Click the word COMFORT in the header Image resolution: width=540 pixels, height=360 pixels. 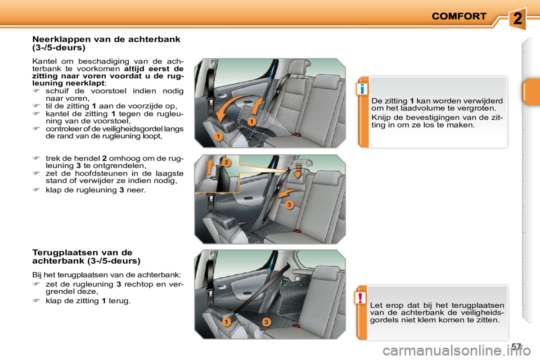click(458, 16)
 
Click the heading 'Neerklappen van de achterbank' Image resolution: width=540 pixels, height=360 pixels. click(106, 39)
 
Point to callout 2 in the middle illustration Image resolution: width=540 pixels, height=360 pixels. click(226, 162)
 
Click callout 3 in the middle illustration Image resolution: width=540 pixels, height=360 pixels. click(289, 205)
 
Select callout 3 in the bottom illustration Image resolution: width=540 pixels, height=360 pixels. click(266, 322)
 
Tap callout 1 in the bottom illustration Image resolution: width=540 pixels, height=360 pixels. click(226, 322)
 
